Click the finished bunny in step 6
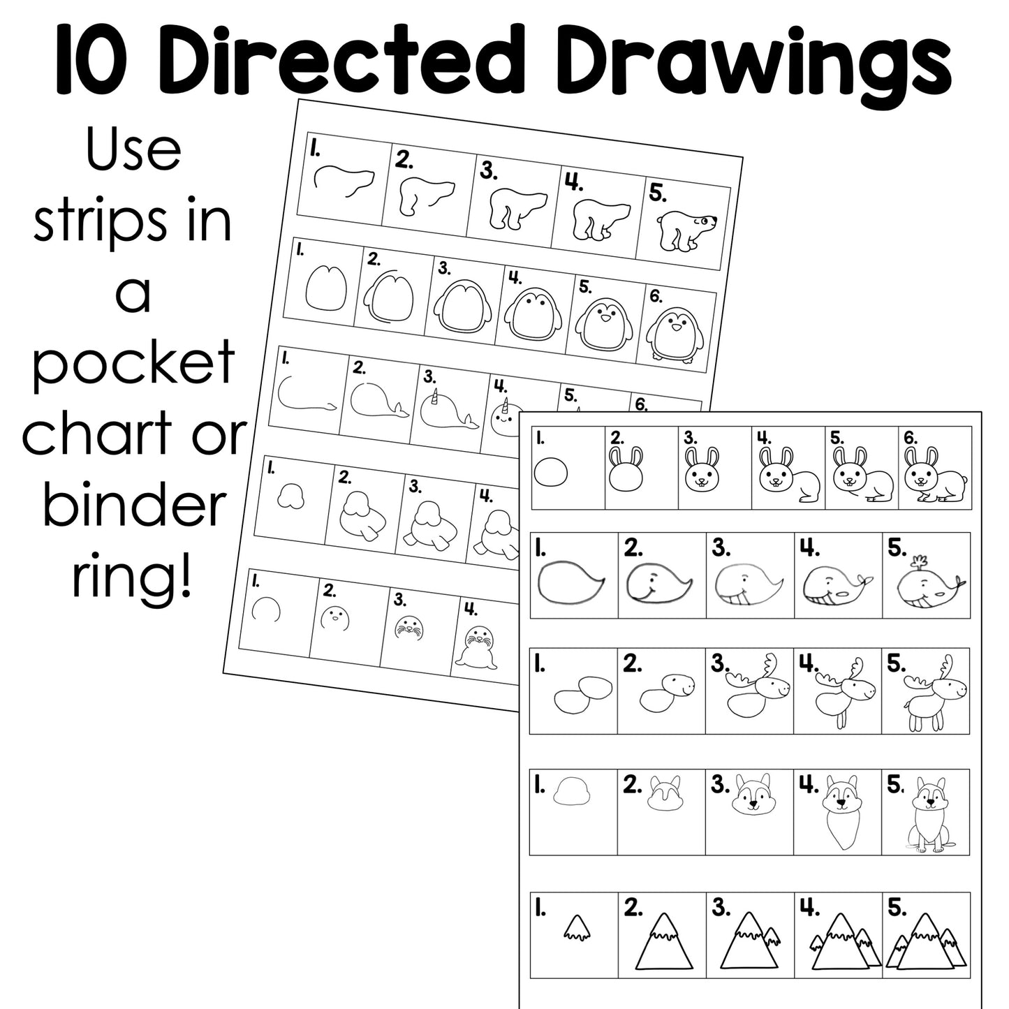pos(934,476)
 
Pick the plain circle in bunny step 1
pos(551,473)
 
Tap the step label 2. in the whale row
pos(633,548)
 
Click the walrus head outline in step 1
pos(289,497)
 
